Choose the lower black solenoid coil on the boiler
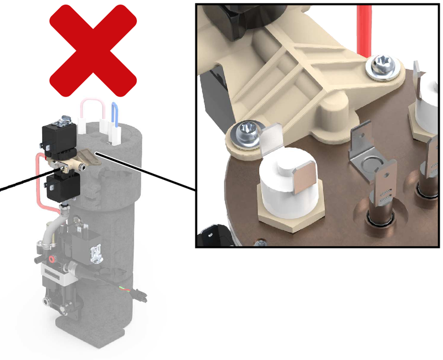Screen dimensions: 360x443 tap(63, 186)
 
